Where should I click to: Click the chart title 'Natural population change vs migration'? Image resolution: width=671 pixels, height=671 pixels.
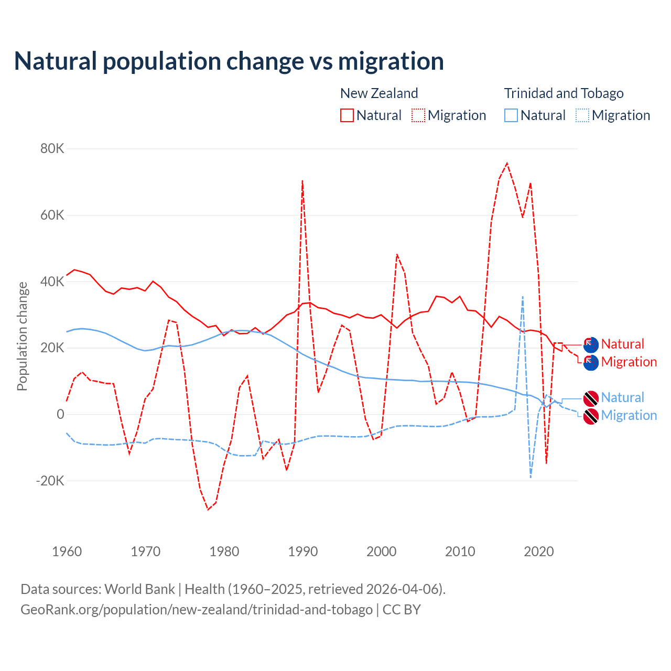pyautogui.click(x=229, y=61)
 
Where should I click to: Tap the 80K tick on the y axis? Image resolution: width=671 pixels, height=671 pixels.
pyautogui.click(x=52, y=149)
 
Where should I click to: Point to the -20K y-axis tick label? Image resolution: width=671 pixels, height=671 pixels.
pyautogui.click(x=50, y=481)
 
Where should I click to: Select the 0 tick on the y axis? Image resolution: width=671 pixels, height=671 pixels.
pyautogui.click(x=60, y=414)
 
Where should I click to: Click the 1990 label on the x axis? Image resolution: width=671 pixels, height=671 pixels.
pyautogui.click(x=303, y=551)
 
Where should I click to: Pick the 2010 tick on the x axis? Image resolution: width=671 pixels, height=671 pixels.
pyautogui.click(x=460, y=551)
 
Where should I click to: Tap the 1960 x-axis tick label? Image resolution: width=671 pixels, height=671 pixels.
pyautogui.click(x=67, y=551)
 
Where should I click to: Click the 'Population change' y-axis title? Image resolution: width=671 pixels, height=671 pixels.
pyautogui.click(x=22, y=337)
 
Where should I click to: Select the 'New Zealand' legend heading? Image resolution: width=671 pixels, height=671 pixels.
pyautogui.click(x=379, y=93)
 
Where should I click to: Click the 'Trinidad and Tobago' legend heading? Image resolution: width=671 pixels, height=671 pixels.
pyautogui.click(x=564, y=93)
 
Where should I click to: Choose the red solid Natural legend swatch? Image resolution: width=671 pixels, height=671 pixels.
pyautogui.click(x=347, y=115)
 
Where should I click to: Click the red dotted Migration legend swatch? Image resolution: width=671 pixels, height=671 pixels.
pyautogui.click(x=418, y=115)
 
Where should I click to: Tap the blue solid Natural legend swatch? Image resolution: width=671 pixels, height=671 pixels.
pyautogui.click(x=511, y=115)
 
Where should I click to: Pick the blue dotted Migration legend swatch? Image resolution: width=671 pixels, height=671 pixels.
pyautogui.click(x=582, y=115)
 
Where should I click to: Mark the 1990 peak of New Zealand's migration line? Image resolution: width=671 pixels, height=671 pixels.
pyautogui.click(x=302, y=181)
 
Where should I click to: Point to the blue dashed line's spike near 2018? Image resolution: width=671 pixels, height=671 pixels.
pyautogui.click(x=523, y=297)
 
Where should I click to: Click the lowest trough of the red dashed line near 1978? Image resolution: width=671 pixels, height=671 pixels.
pyautogui.click(x=208, y=510)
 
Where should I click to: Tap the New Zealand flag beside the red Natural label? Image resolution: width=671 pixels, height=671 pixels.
pyautogui.click(x=591, y=344)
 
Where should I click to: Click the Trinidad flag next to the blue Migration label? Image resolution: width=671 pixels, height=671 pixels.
pyautogui.click(x=591, y=416)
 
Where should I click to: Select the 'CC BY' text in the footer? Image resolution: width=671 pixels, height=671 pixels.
pyautogui.click(x=402, y=610)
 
